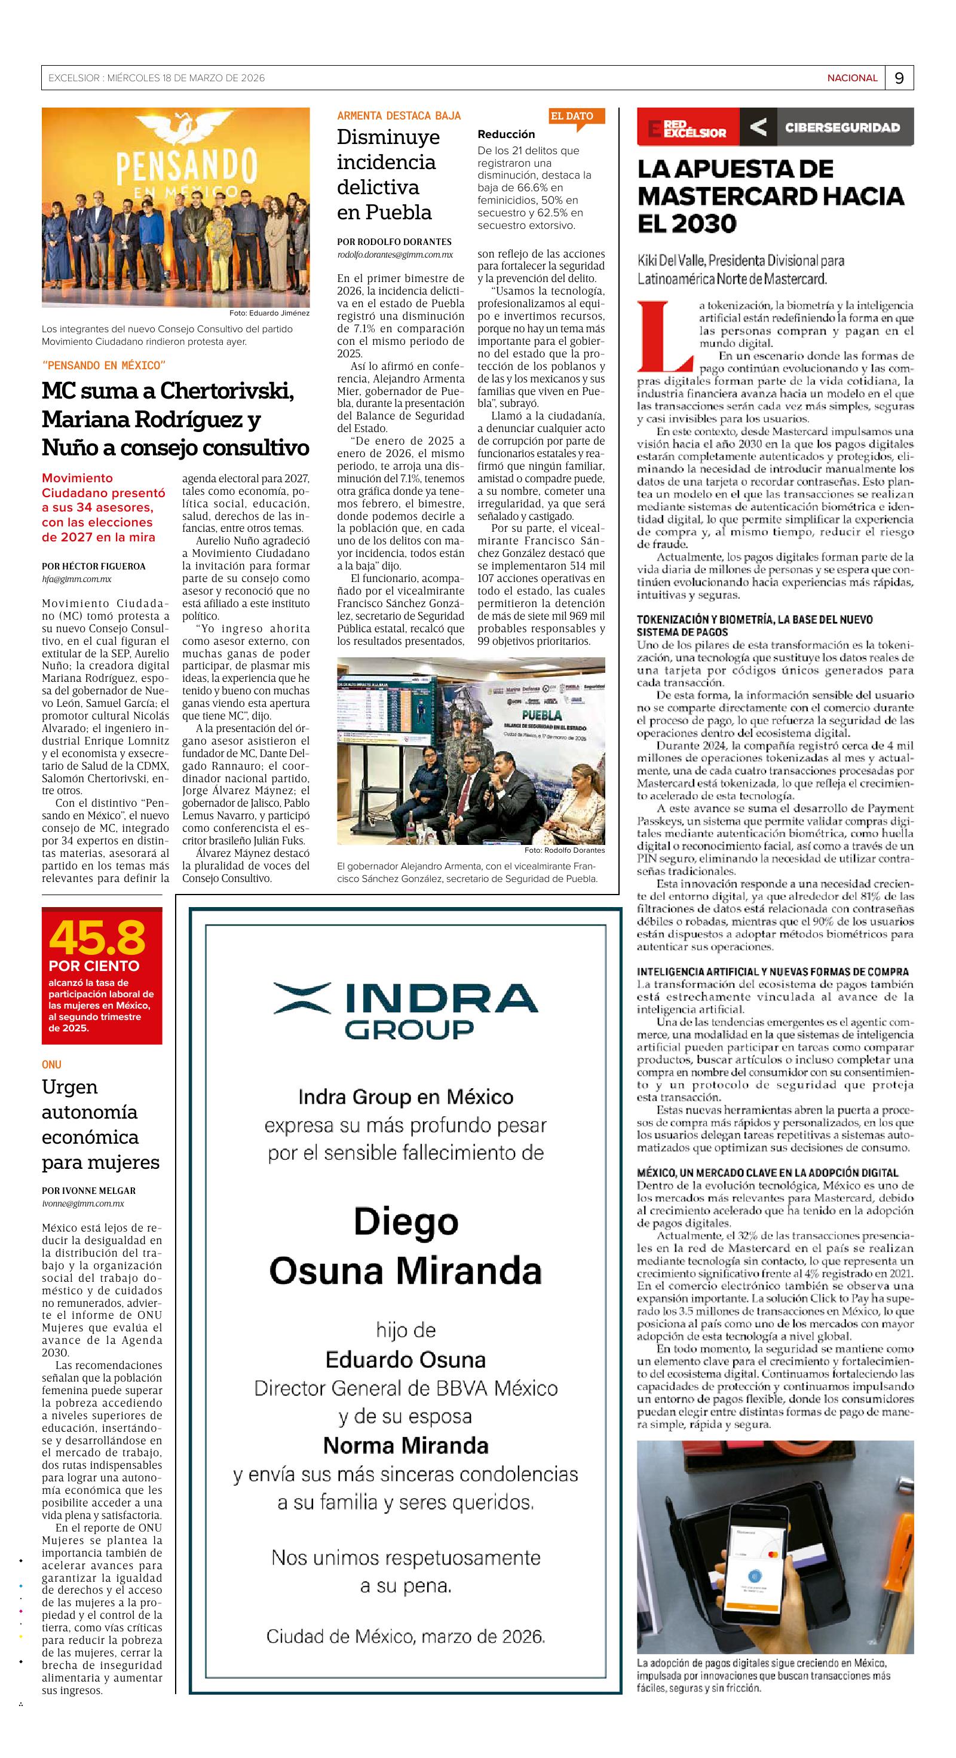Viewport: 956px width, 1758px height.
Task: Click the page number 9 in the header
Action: coord(899,78)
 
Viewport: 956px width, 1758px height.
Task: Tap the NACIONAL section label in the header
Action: coord(852,78)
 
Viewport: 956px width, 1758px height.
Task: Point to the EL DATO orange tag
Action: coord(572,116)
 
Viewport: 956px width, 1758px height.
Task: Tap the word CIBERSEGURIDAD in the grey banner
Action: coord(842,127)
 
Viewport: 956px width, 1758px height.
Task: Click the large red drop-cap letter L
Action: coord(664,332)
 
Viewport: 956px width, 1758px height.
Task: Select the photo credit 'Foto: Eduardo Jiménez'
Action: coord(269,313)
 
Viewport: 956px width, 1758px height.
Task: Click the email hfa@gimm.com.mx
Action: coord(76,578)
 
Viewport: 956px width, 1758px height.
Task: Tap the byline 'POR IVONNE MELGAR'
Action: coord(88,1190)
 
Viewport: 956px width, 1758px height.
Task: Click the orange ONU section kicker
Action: coord(51,1064)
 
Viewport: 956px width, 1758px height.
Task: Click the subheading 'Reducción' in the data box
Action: coord(505,134)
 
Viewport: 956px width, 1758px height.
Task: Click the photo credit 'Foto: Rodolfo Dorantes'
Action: coord(564,850)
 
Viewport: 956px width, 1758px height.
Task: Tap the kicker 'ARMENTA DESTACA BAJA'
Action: coord(399,116)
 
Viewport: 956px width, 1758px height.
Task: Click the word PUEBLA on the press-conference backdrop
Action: coord(542,715)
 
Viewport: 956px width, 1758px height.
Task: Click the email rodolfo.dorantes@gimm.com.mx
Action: coord(394,255)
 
